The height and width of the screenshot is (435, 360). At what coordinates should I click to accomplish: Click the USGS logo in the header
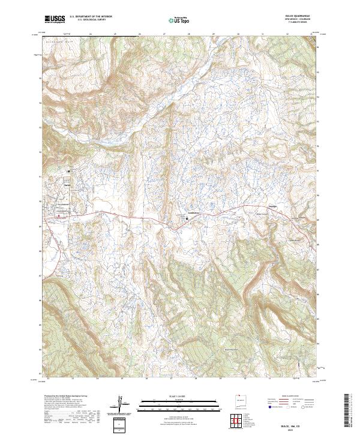point(55,20)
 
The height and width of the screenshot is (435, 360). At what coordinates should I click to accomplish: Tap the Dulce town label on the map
point(67,185)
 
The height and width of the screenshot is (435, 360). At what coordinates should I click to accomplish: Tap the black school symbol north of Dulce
point(69,171)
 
